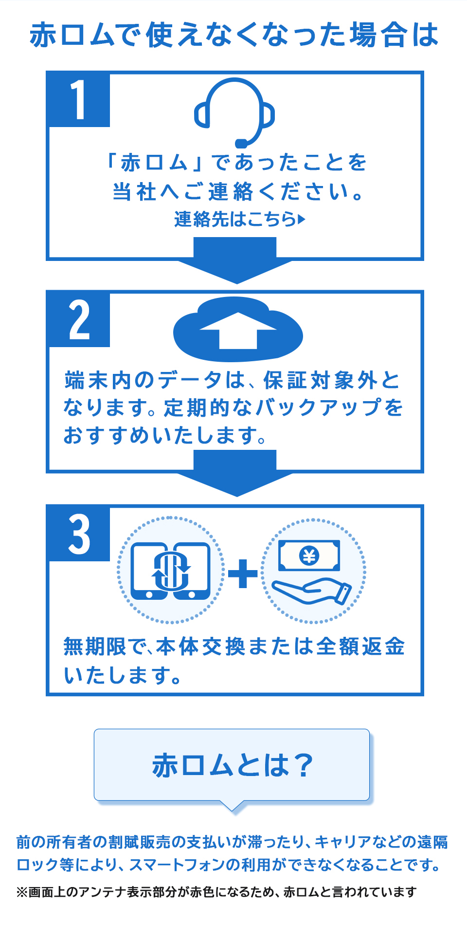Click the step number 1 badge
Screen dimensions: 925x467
tap(78, 99)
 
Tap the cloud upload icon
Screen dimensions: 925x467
tap(238, 330)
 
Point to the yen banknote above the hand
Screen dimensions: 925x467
tap(309, 555)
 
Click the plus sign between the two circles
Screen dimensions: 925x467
tap(243, 573)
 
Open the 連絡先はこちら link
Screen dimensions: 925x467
tap(235, 220)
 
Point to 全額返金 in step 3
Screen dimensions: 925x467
tap(360, 647)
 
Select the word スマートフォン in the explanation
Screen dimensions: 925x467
tap(177, 865)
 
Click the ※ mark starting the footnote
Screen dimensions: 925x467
tap(22, 892)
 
